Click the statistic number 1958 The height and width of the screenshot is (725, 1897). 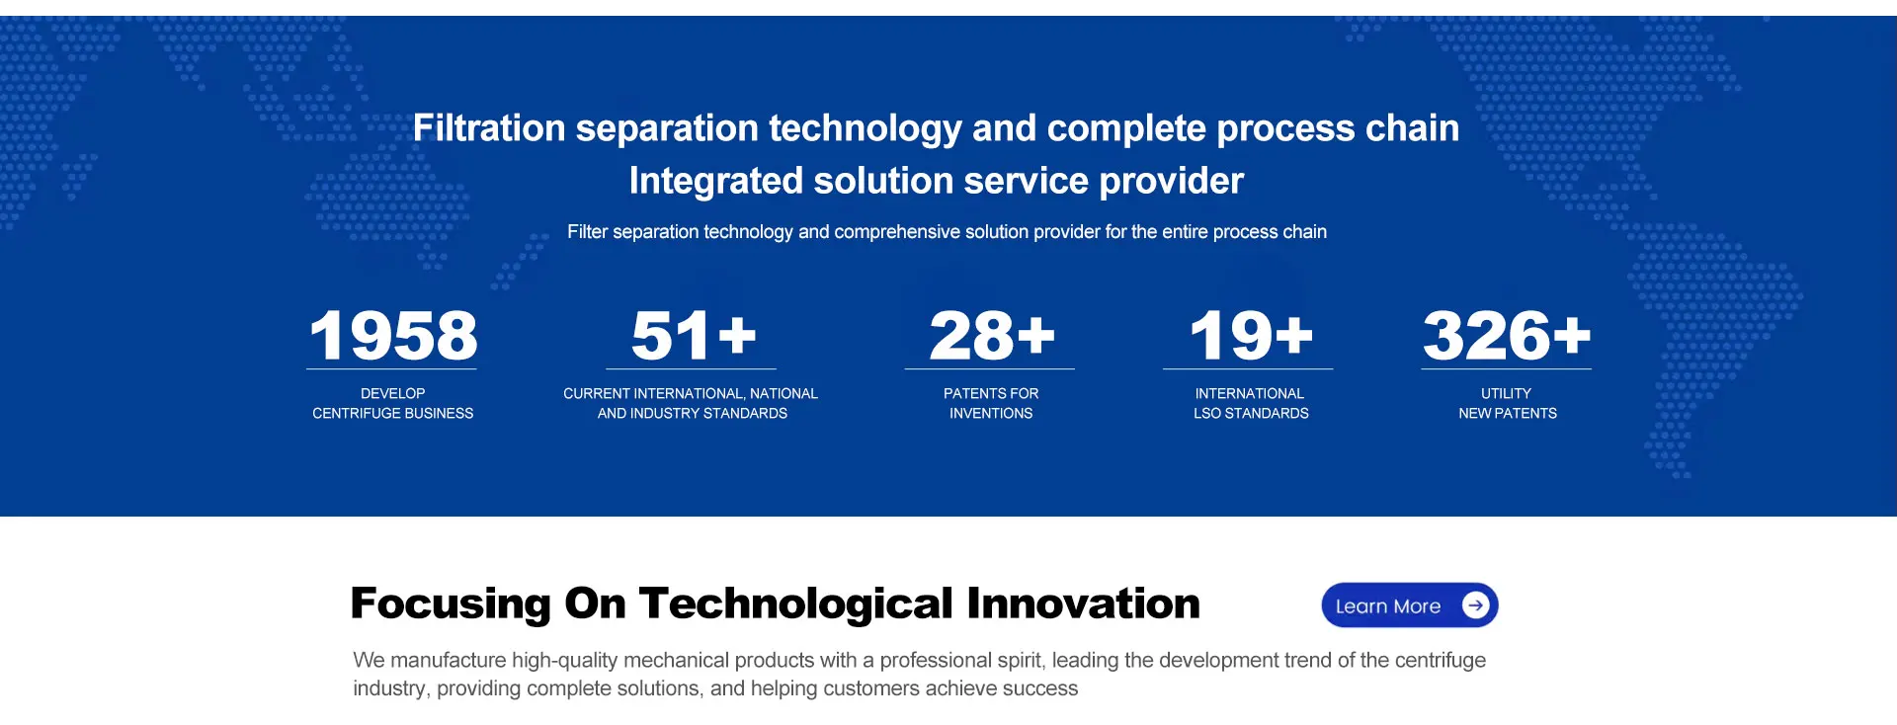tap(393, 336)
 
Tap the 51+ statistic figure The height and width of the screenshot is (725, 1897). tap(694, 336)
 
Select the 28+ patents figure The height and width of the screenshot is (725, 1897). tap(992, 336)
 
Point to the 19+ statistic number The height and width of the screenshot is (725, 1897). tap(1251, 336)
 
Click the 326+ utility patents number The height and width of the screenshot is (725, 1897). tap(1507, 336)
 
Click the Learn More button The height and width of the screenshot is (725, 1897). tap(1410, 605)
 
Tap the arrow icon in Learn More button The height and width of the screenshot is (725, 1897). tap(1475, 605)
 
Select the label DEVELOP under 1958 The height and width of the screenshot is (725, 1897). tap(393, 393)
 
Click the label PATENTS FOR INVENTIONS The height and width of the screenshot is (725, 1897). tap(991, 403)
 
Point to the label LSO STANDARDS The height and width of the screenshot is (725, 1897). tap(1251, 413)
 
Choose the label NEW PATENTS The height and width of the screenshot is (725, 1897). tap(1508, 413)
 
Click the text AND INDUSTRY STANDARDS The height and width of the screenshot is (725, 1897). tap(693, 413)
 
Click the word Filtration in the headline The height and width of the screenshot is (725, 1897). tap(489, 128)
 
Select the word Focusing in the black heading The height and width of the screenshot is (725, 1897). tap(451, 604)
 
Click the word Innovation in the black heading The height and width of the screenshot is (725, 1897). tap(1084, 604)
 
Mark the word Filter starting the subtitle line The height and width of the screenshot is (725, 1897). tap(588, 232)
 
